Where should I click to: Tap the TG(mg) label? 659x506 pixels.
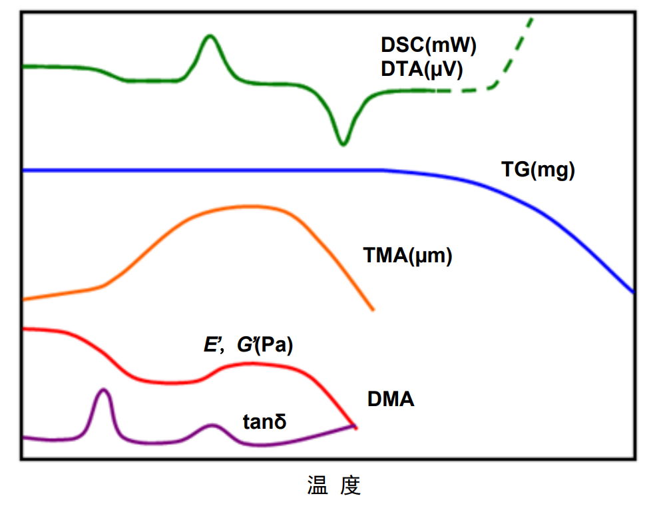pyautogui.click(x=537, y=171)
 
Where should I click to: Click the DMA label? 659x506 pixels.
pyautogui.click(x=391, y=399)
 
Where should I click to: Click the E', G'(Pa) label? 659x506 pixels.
pyautogui.click(x=248, y=346)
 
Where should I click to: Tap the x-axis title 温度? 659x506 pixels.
pyautogui.click(x=333, y=485)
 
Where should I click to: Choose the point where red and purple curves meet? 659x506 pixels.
pyautogui.click(x=355, y=426)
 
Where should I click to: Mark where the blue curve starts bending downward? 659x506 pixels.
pyautogui.click(x=386, y=171)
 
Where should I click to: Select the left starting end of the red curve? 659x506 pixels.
pyautogui.click(x=25, y=328)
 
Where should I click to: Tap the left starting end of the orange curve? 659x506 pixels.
pyautogui.click(x=25, y=300)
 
